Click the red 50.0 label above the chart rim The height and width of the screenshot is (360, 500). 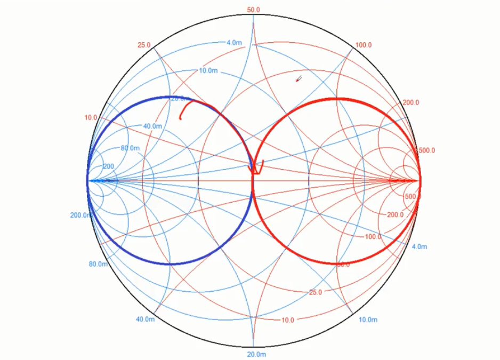pos(254,10)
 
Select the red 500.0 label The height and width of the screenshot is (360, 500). pos(426,150)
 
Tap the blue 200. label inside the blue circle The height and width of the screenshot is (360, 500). pos(109,166)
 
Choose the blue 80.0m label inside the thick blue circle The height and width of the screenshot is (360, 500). pos(130,148)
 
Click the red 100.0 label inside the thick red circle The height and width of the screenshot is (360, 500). pos(373,236)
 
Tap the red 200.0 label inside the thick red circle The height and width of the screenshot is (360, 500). pos(395,214)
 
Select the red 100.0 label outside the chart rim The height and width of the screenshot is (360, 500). pos(363,45)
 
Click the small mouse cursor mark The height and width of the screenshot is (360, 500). pos(299,79)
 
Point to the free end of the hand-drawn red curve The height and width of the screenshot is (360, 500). pos(181,118)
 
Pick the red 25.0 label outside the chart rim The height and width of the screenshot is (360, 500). pos(144,45)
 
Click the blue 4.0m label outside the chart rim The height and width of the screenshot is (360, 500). pos(420,246)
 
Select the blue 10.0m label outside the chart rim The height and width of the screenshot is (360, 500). pos(368,319)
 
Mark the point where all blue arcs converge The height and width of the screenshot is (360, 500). pos(88,180)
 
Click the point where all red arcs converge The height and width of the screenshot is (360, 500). pos(420,180)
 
